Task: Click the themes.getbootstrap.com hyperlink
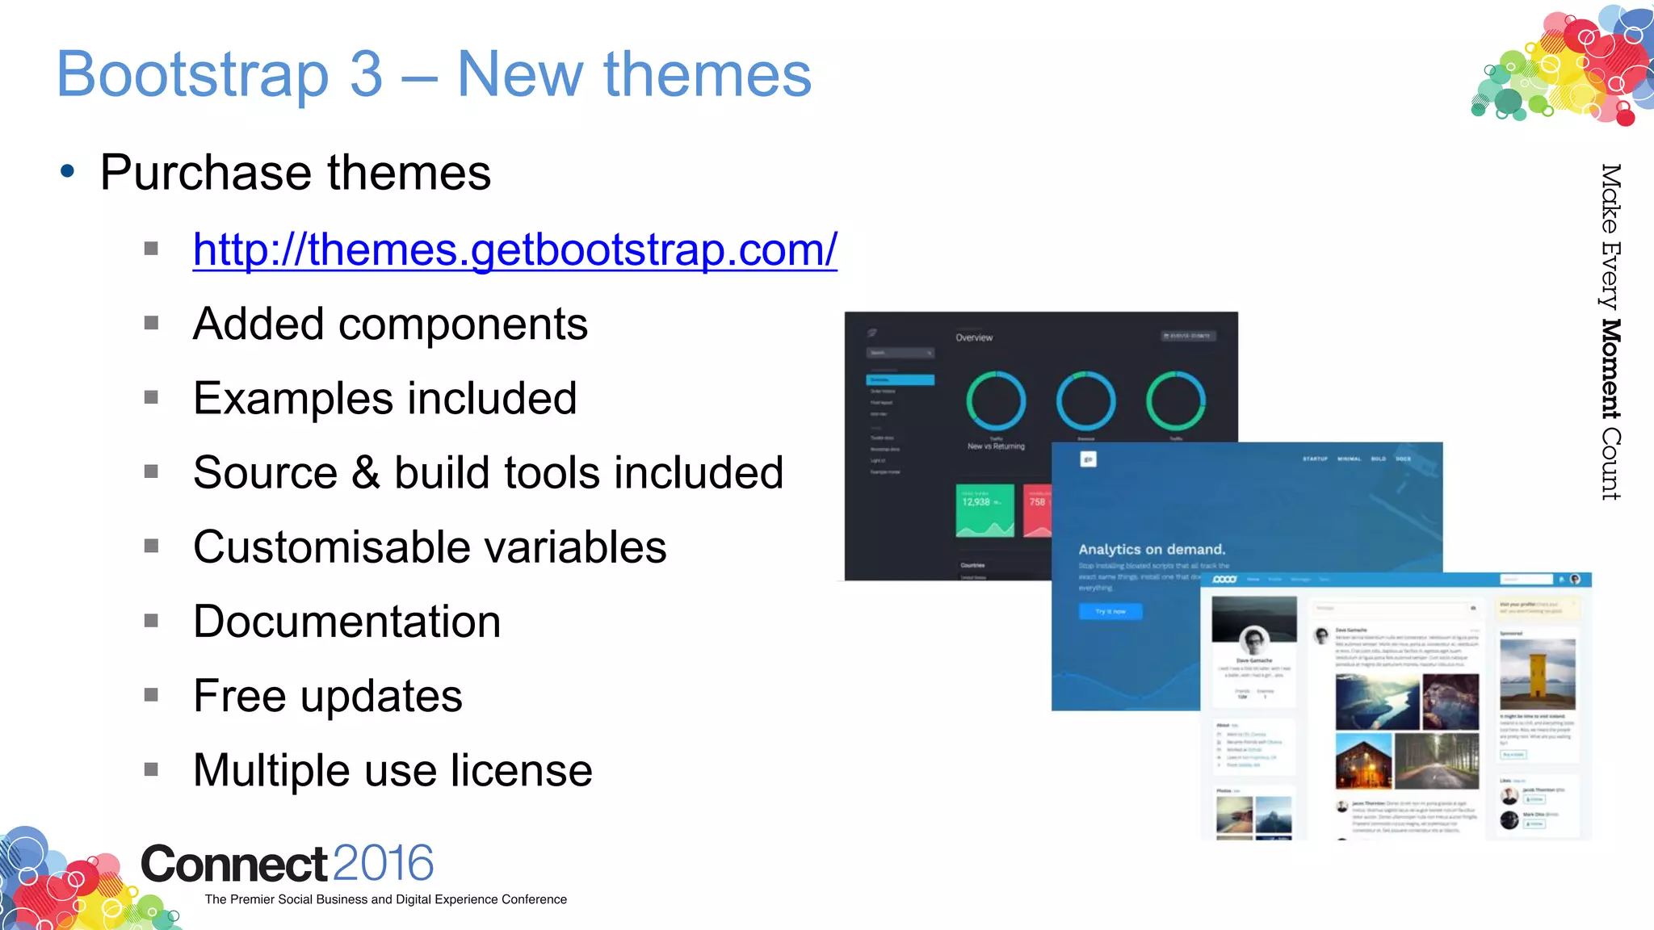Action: point(514,249)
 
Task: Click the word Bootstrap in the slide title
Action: point(193,75)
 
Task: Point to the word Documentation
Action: point(346,622)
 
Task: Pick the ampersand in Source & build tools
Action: point(366,473)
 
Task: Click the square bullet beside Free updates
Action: point(151,695)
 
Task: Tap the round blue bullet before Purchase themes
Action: point(68,171)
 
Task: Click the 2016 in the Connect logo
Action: point(383,864)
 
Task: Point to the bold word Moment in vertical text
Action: point(1610,369)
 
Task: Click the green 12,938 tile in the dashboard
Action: point(984,510)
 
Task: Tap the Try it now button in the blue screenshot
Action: point(1110,611)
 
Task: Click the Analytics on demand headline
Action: point(1152,550)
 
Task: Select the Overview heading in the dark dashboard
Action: point(974,337)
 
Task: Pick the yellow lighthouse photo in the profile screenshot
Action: point(1537,673)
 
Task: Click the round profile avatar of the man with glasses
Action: point(1254,641)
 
